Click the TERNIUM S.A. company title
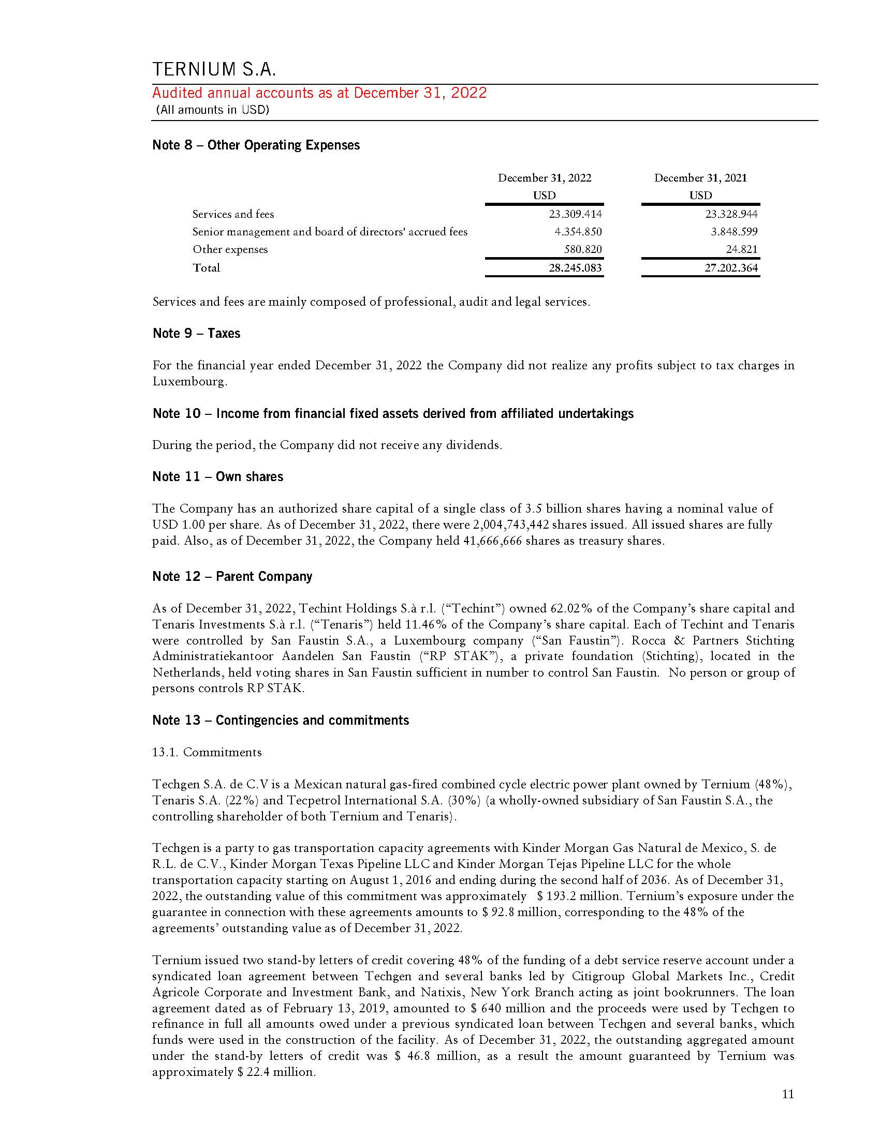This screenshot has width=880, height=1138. (214, 69)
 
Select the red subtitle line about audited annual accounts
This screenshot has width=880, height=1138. (319, 93)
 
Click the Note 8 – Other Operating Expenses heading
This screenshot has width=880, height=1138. (255, 145)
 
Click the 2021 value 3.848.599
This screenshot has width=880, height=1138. (734, 231)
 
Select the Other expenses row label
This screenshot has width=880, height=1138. (230, 249)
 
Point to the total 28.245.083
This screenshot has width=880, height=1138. (575, 268)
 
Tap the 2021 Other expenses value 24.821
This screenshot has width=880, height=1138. (741, 249)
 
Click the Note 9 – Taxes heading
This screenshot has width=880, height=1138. (196, 333)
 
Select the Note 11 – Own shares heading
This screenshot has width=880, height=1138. (217, 476)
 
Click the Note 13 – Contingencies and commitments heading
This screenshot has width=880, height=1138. (281, 720)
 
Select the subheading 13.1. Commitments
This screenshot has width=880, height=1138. (207, 752)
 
